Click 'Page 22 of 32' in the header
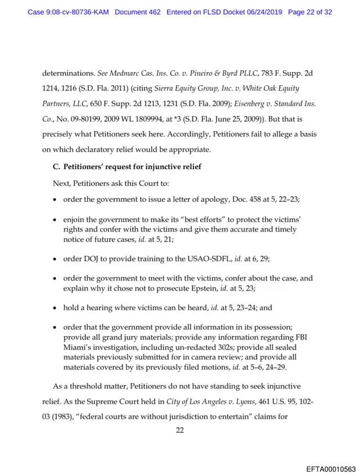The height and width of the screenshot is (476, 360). [x=310, y=11]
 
